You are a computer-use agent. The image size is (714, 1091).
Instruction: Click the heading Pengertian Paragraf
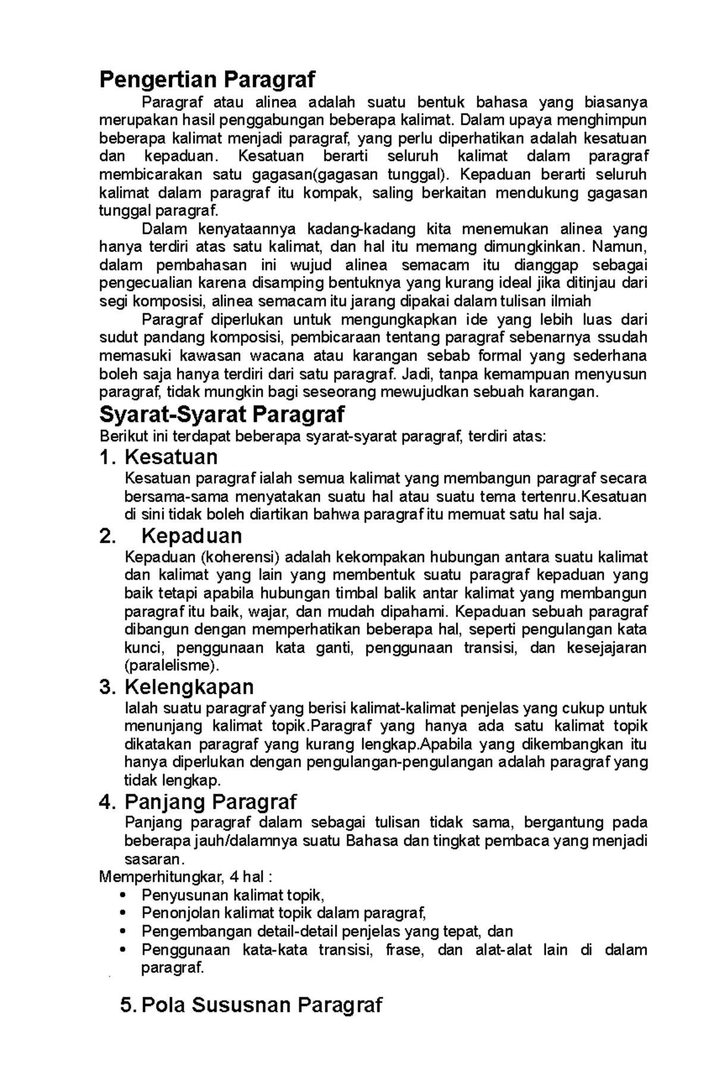click(x=207, y=78)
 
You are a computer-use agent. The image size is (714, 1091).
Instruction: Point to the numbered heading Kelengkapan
click(x=189, y=687)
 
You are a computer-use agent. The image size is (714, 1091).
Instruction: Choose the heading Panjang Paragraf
click(x=210, y=802)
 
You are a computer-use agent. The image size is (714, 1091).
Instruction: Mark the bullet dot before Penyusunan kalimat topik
click(x=123, y=895)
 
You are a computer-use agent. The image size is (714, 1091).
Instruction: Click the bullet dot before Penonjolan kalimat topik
click(x=123, y=913)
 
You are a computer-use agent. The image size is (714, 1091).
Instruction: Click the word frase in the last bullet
click(x=403, y=949)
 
